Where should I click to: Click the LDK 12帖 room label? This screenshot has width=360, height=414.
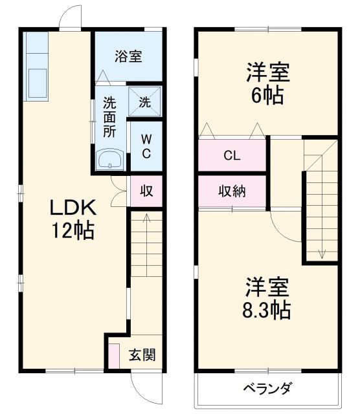tap(73, 219)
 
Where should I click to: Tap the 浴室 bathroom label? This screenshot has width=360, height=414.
tap(128, 56)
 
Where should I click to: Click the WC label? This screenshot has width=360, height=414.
tap(146, 146)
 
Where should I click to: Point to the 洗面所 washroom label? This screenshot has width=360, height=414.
tap(109, 116)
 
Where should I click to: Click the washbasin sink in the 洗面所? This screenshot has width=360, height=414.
tap(109, 160)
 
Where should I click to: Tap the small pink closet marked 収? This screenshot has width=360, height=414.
tap(146, 191)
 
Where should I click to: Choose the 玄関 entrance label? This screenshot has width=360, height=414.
tap(141, 354)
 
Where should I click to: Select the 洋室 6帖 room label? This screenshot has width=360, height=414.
tap(267, 83)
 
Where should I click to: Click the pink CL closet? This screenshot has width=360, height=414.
tap(232, 155)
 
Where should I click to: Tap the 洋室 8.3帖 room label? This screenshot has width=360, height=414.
tap(267, 298)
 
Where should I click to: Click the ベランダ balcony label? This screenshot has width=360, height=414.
tap(267, 388)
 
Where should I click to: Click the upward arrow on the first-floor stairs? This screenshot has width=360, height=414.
tap(146, 220)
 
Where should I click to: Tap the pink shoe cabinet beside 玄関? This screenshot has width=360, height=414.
tap(115, 356)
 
